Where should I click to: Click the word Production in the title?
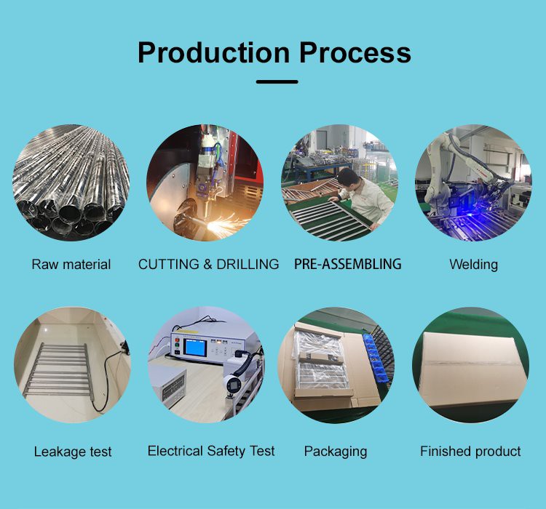pos(213,52)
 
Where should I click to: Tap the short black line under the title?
pos(277,81)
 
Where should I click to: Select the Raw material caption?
pos(71,264)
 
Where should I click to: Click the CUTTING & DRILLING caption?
pos(208,264)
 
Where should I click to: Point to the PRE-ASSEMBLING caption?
pos(347,264)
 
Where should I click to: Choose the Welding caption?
pos(473,264)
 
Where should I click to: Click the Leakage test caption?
pos(73,452)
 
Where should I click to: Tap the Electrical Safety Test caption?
pos(211,451)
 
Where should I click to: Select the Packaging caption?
pos(336,452)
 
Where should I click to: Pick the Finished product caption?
pos(470,452)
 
